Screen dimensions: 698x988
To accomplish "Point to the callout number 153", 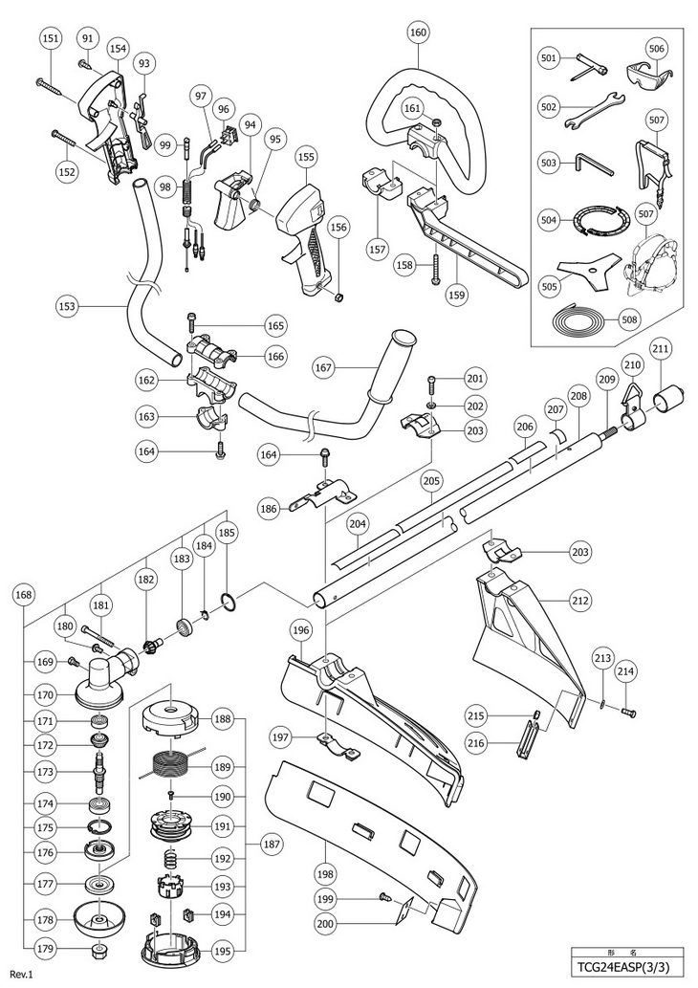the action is (x=66, y=307).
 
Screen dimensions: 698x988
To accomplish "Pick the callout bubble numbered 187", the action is (x=273, y=844).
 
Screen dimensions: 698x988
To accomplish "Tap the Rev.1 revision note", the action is (x=21, y=975).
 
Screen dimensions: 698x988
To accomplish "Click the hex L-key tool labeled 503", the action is (x=592, y=165).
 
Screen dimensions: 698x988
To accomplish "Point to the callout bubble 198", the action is (x=326, y=874).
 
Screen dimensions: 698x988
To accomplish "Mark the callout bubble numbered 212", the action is (x=580, y=601).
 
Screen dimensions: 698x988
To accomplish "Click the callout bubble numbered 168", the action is (x=25, y=594).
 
